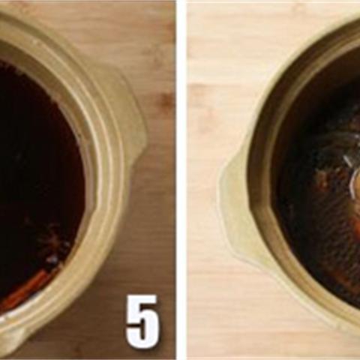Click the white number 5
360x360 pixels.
click(142, 322)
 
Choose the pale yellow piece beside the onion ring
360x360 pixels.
click(358, 181)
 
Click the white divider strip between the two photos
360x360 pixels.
click(181, 180)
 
